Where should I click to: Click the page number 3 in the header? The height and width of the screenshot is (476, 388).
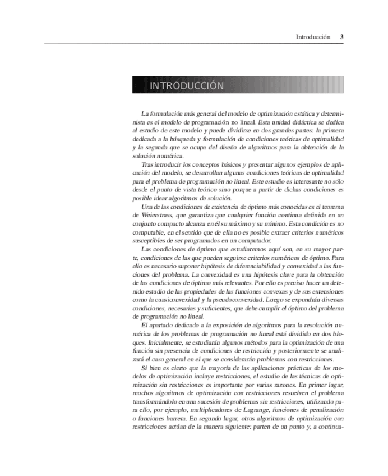(x=341, y=37)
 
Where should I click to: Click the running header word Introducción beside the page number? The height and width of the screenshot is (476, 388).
(x=313, y=37)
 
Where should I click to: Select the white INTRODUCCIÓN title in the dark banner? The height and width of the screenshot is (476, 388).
(x=186, y=86)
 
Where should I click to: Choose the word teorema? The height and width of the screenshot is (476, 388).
(x=331, y=206)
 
